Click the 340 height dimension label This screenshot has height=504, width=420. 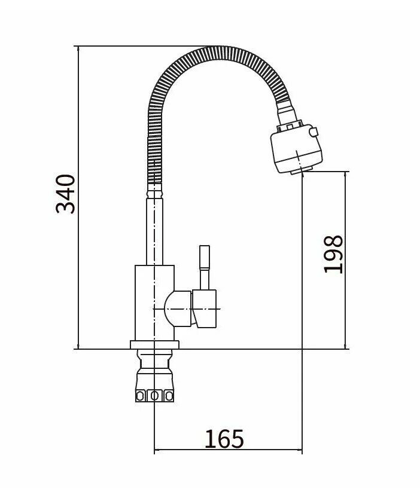click(x=65, y=194)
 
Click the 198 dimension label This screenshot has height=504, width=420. click(x=333, y=254)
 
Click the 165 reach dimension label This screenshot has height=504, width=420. click(x=224, y=439)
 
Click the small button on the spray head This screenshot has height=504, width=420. click(x=314, y=132)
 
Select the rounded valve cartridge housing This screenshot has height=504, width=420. click(x=178, y=309)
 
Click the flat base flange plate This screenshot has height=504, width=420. click(x=154, y=345)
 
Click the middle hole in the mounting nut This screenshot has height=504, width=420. click(x=154, y=396)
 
